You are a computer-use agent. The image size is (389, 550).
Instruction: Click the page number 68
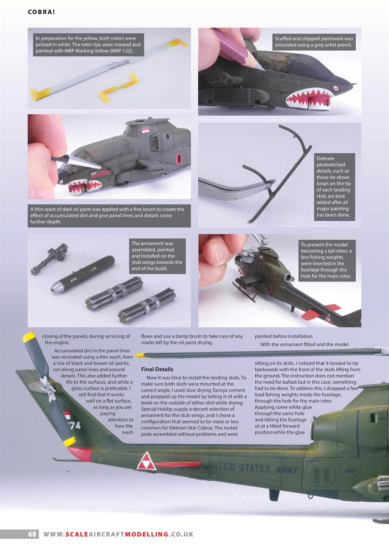[x=32, y=534]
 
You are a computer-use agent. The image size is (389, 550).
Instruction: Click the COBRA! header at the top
[x=41, y=12]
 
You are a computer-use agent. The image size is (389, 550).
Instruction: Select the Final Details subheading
[x=157, y=369]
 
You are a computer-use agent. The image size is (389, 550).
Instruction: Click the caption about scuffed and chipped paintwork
[x=314, y=42]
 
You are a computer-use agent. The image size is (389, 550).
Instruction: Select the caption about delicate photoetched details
[x=334, y=186]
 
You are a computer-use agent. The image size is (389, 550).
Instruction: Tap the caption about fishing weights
[x=327, y=260]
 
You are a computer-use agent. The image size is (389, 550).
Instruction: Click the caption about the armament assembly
[x=157, y=256]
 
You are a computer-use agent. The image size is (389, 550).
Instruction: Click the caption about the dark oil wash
[x=109, y=216]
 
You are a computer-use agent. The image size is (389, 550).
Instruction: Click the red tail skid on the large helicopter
[x=79, y=453]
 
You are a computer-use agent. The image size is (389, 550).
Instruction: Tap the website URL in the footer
[x=118, y=534]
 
